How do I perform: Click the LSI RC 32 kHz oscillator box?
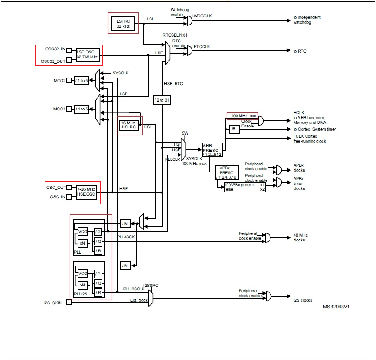[123, 23]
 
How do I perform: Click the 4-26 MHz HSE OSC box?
[86, 192]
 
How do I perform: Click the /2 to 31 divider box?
[162, 101]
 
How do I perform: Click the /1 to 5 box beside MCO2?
[82, 81]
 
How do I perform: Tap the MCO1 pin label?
[59, 109]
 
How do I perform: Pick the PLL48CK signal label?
[126, 237]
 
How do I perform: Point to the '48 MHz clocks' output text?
[299, 237]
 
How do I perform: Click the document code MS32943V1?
[336, 307]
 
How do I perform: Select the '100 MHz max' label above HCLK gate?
[242, 116]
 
